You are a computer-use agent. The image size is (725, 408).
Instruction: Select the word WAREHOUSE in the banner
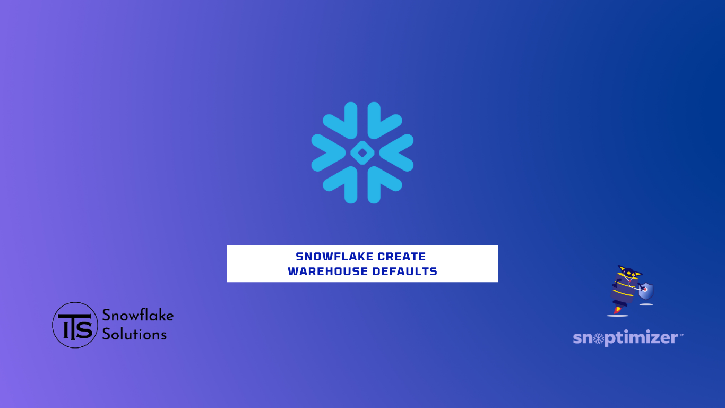tap(328, 271)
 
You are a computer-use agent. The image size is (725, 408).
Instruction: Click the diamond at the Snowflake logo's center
tap(362, 152)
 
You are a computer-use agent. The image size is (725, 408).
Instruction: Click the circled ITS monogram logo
tap(75, 325)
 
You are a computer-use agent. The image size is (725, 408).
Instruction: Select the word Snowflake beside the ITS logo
tap(138, 315)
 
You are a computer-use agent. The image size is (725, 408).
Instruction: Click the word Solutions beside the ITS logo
tap(134, 334)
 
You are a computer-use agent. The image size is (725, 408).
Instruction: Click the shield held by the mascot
tap(646, 291)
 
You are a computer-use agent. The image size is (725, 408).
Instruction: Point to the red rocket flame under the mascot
tap(618, 310)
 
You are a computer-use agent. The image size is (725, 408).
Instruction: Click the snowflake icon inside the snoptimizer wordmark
tap(599, 338)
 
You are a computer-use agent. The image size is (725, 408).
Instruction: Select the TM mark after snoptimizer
tap(681, 335)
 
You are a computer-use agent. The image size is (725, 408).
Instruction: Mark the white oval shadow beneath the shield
tap(646, 304)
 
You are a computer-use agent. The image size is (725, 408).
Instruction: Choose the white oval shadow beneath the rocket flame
tap(617, 316)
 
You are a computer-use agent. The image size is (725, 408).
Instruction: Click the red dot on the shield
tap(645, 290)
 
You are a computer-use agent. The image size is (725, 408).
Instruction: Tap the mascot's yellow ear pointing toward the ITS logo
tap(621, 268)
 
